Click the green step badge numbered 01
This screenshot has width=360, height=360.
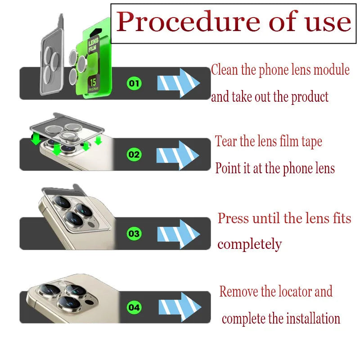coord(135,83)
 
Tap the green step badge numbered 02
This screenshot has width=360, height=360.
coord(135,155)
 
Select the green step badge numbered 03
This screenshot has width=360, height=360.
coord(135,234)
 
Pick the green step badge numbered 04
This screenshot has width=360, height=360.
coord(135,308)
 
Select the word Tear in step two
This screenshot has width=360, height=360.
coord(226,141)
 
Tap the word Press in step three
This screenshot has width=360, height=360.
coord(233,219)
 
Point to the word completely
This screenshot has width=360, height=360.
coord(249,244)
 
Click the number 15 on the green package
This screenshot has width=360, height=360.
coord(93,82)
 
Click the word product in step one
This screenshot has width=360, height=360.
coord(310,96)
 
